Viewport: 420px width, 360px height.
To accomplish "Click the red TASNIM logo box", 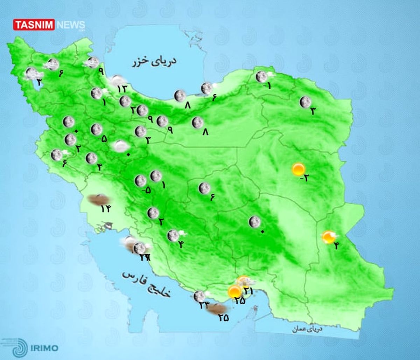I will [x=34, y=25].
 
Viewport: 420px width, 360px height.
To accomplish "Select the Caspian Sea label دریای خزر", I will [x=154, y=62].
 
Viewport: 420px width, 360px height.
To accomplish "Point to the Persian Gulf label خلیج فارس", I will [x=147, y=284].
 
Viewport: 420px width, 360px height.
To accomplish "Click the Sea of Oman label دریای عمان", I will [x=308, y=329].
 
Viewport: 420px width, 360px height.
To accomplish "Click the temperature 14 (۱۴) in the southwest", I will [x=105, y=209].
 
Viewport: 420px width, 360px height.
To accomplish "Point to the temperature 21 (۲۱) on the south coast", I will [x=249, y=290].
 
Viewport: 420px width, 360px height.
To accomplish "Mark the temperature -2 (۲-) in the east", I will [x=304, y=178].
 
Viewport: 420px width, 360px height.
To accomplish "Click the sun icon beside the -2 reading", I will [x=299, y=169].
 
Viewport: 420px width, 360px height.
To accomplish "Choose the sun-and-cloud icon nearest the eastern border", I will [x=329, y=237].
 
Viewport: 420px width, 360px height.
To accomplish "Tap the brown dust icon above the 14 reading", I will [x=98, y=199].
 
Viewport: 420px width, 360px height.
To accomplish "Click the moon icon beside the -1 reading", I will [x=261, y=77].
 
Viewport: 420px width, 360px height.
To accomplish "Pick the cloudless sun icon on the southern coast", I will [x=234, y=291].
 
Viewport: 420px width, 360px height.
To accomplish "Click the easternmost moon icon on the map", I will [x=305, y=102].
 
